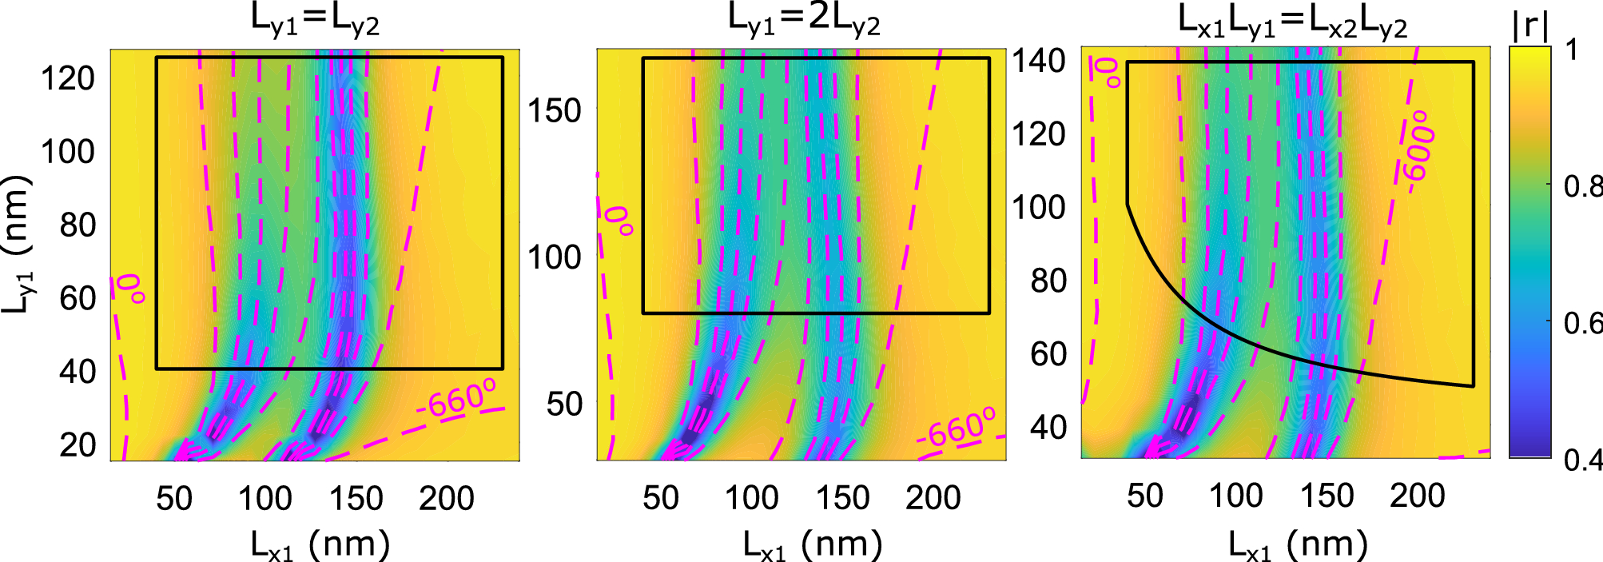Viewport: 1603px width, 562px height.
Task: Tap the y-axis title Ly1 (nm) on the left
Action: pos(18,244)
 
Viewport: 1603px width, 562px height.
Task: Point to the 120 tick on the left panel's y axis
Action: pos(68,78)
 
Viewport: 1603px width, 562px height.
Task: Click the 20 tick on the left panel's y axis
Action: pos(78,444)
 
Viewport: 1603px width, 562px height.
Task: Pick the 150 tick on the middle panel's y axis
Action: pos(554,111)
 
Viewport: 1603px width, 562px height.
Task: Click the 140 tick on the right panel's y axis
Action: pos(1039,61)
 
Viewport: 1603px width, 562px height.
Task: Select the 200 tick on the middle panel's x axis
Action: pos(933,498)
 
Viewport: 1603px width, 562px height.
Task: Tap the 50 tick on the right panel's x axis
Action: pos(1144,496)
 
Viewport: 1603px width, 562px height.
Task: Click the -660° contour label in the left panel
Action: pos(456,400)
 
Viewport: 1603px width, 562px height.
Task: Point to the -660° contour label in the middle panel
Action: pos(957,428)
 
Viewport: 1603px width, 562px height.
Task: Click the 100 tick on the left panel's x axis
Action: pos(265,498)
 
